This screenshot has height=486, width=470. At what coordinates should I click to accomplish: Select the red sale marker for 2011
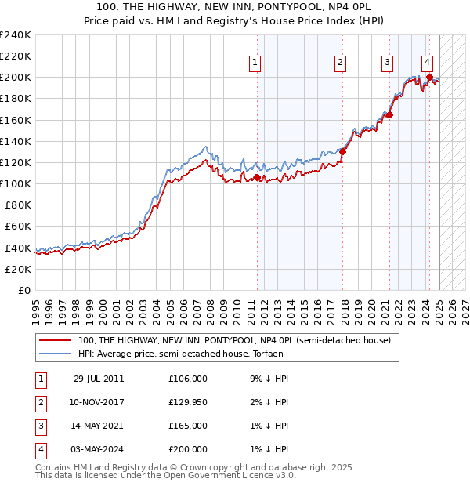[257, 178]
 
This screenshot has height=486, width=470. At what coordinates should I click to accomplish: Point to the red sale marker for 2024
[430, 77]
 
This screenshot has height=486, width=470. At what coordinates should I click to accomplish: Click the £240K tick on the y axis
[16, 35]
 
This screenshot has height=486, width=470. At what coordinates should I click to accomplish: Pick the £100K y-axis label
[16, 183]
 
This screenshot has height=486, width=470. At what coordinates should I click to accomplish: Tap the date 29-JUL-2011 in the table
[98, 379]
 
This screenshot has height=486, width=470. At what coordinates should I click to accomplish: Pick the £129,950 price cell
[188, 402]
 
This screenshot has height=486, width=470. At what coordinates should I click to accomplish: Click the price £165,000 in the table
[188, 426]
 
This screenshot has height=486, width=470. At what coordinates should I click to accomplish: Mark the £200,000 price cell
[188, 449]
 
